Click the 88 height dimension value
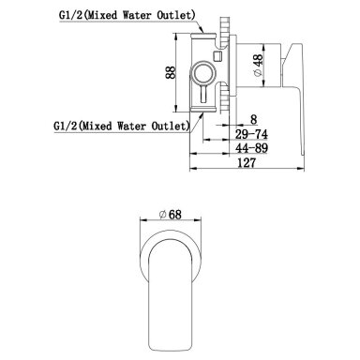tap(171, 72)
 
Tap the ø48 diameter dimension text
tap(258, 65)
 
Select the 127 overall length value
tap(247, 162)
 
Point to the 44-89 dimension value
tap(251, 148)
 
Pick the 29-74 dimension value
tap(251, 134)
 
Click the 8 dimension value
tap(253, 119)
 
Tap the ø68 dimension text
tap(170, 215)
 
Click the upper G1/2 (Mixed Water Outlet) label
tap(127, 15)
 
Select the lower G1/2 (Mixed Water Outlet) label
tap(122, 126)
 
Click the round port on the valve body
tap(203, 73)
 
